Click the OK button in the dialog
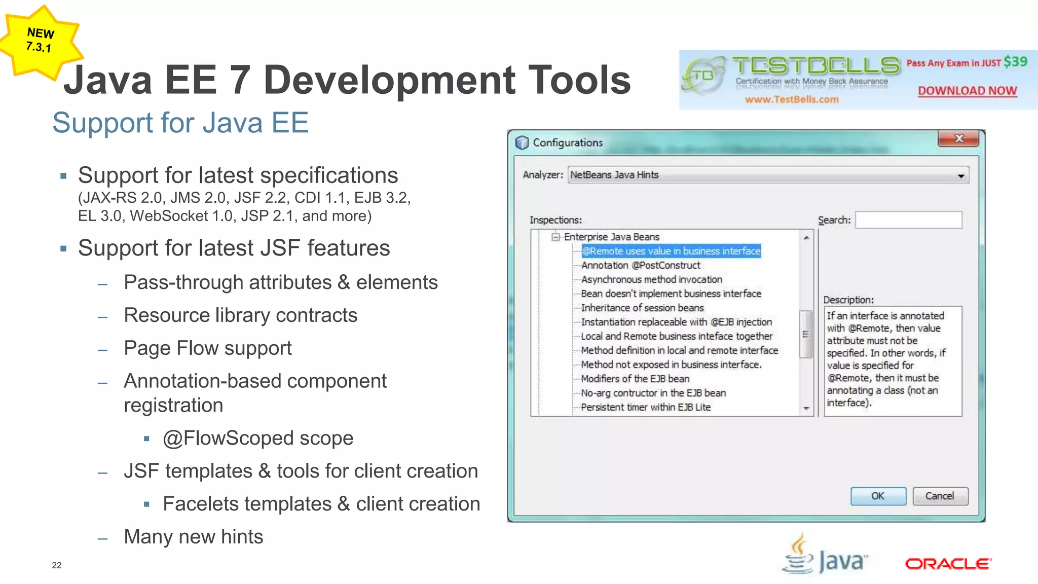coord(878,496)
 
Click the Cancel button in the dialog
coord(940,496)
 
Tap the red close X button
coord(958,138)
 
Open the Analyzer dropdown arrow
coord(960,175)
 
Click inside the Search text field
coord(908,220)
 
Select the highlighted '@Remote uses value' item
coord(671,251)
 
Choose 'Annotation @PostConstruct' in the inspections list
coord(641,265)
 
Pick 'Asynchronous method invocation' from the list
coord(651,279)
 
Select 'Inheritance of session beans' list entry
coord(642,308)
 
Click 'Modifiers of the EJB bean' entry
coord(635,379)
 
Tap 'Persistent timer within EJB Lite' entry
coord(646,407)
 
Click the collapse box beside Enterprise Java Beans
coord(556,237)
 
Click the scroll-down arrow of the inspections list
coord(806,409)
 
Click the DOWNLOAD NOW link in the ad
coord(967,91)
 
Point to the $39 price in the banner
coord(1015,62)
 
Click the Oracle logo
coord(948,564)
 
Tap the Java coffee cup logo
coord(799,555)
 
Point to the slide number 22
coord(57,565)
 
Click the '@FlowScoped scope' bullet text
coord(258,438)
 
